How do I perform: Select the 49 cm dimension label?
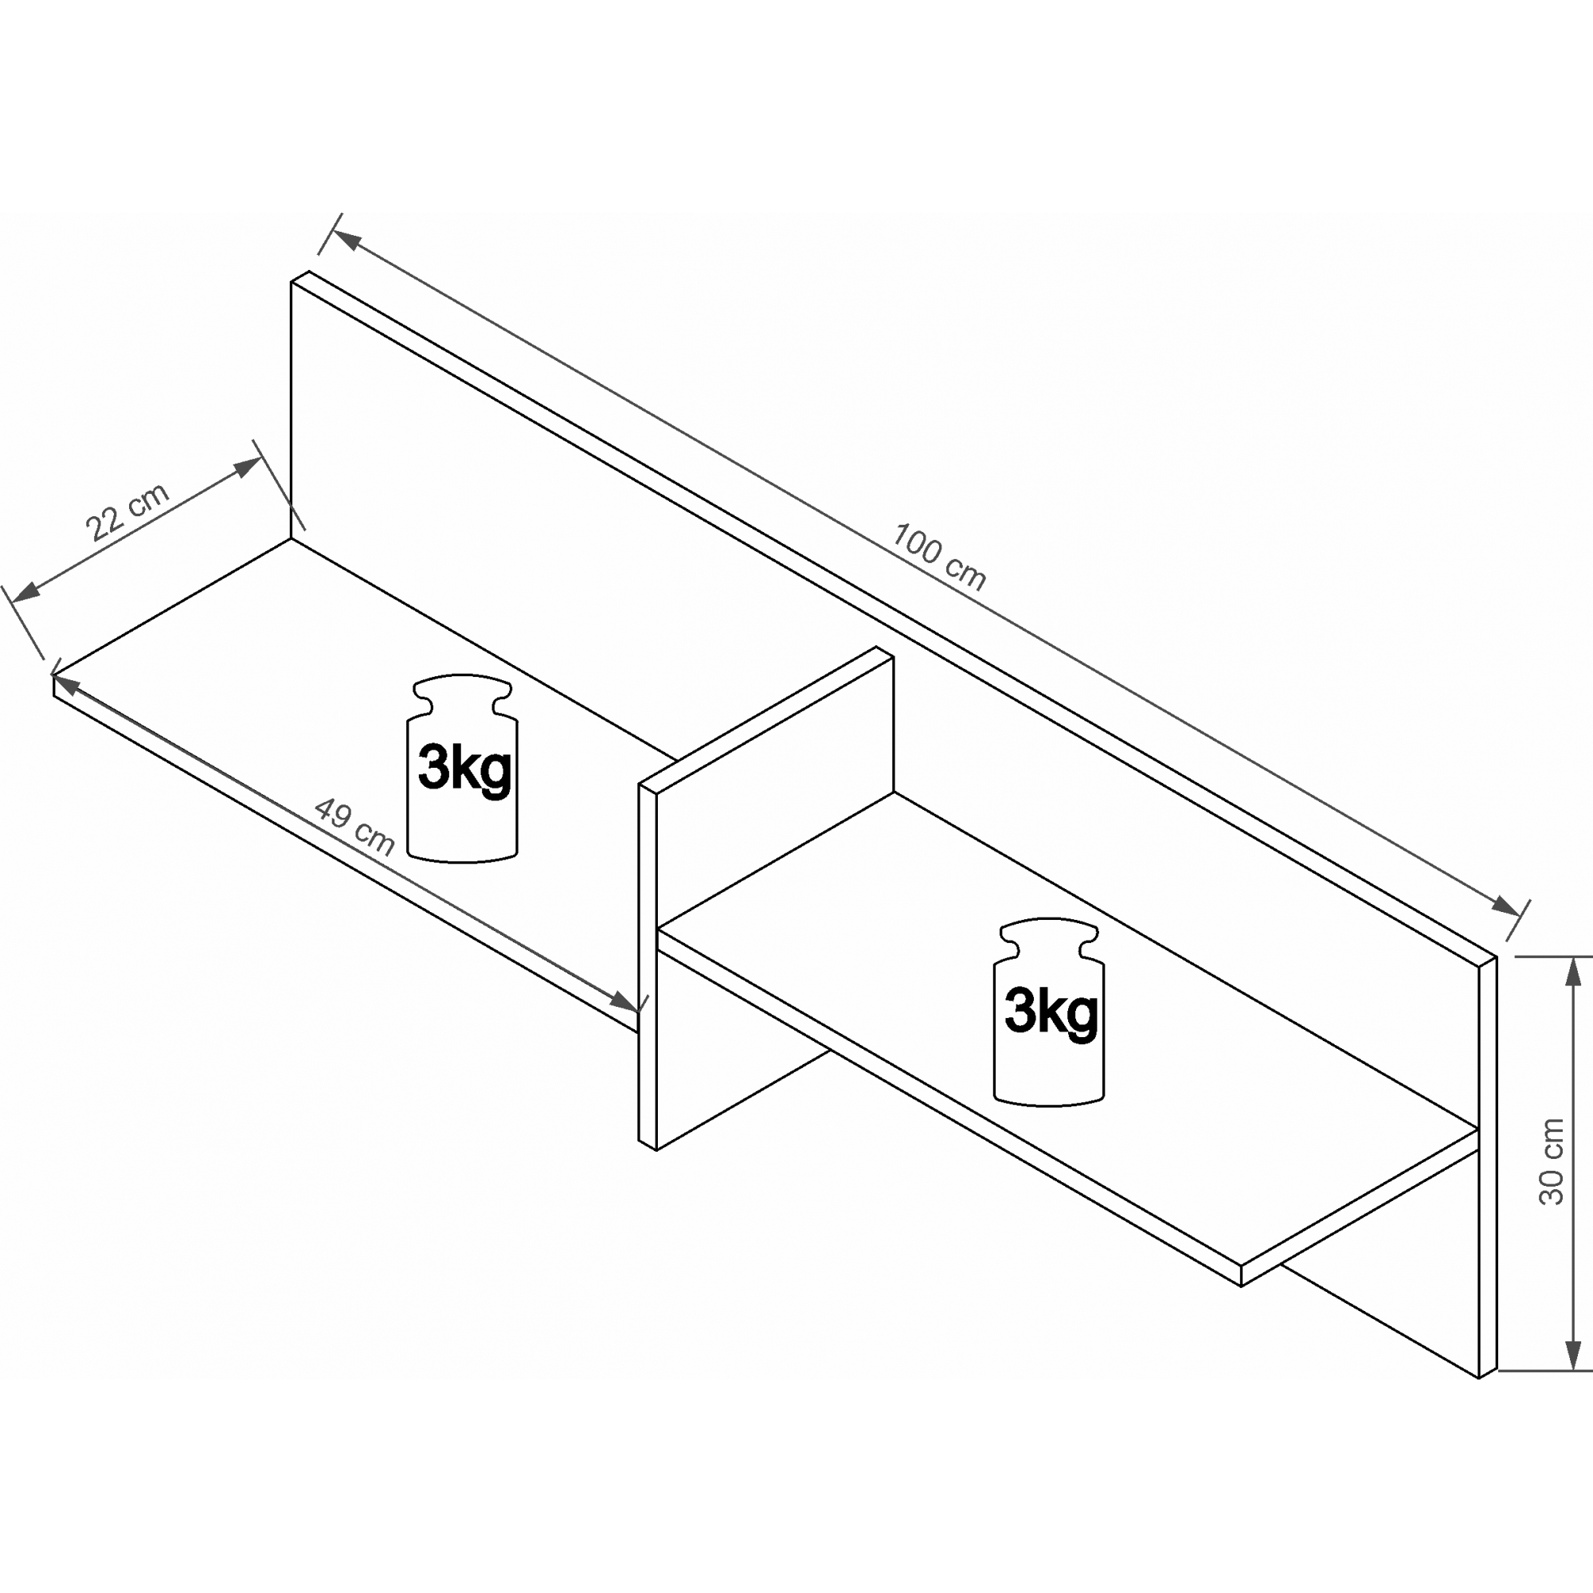point(354,827)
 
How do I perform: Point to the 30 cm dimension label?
point(1551,1162)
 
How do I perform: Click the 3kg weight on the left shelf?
point(463,769)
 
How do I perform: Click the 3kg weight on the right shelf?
point(1049,1012)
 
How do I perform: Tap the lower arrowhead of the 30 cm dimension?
point(1573,1355)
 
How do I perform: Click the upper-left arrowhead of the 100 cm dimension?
point(346,240)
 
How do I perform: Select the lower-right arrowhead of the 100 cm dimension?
point(1506,906)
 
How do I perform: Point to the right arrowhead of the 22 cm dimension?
point(248,467)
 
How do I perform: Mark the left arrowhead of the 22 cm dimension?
point(26,591)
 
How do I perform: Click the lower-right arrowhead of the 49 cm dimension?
point(624,1002)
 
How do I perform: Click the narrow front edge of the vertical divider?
point(648,966)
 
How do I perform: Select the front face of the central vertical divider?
point(775,898)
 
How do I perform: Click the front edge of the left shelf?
point(346,853)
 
